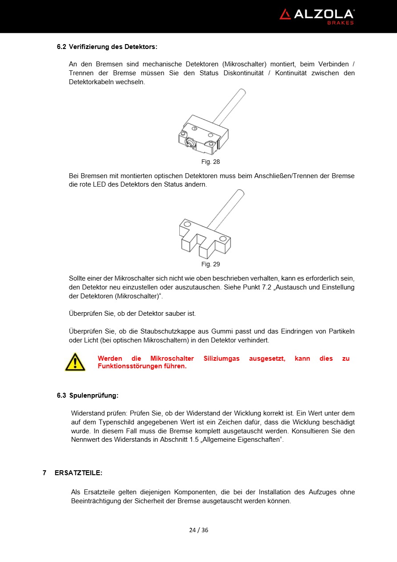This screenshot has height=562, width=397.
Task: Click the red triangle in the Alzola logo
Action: click(x=285, y=14)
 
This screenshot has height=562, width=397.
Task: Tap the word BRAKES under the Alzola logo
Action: click(x=340, y=23)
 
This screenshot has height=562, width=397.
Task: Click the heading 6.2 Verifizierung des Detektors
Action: click(x=107, y=46)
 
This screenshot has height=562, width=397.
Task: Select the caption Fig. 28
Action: click(x=211, y=162)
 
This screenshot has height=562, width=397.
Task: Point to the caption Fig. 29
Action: click(x=211, y=264)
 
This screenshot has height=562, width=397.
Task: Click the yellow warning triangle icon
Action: click(x=75, y=362)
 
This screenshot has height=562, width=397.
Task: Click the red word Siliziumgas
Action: click(x=221, y=358)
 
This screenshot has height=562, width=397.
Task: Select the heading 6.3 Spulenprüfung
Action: click(x=88, y=395)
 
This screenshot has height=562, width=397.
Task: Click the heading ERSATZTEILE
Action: click(x=78, y=472)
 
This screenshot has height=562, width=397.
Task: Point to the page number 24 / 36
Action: click(x=198, y=530)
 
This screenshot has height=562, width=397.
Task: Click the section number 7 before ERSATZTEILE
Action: click(x=45, y=472)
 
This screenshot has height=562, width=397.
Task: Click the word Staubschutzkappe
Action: click(x=167, y=331)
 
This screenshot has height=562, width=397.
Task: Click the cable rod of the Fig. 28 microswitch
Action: click(x=229, y=107)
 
